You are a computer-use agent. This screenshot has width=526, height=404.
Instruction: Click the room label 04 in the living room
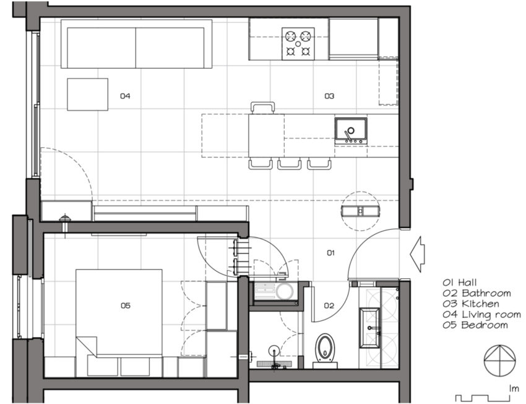click(x=125, y=97)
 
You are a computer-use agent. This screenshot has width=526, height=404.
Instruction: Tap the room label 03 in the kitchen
click(x=329, y=97)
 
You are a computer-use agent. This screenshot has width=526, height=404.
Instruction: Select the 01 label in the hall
click(x=331, y=253)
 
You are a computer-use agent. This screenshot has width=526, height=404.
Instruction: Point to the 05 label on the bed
click(x=126, y=305)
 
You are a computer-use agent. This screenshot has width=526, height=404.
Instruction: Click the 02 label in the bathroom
click(x=329, y=305)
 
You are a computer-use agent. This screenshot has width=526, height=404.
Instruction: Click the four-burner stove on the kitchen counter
click(x=298, y=43)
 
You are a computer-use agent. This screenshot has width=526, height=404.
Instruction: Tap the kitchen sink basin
click(x=351, y=131)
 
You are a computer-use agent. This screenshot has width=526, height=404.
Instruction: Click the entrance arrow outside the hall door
click(x=417, y=254)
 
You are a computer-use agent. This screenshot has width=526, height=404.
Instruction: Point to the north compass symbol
click(x=500, y=361)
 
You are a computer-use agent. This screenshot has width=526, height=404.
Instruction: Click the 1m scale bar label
click(x=514, y=389)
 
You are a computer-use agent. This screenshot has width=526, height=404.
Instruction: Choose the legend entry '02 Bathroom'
click(x=476, y=293)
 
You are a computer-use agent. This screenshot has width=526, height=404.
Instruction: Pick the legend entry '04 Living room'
click(x=481, y=315)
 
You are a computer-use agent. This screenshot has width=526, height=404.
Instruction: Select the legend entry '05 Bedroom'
click(x=475, y=325)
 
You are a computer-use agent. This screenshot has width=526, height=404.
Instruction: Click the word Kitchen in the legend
click(x=480, y=304)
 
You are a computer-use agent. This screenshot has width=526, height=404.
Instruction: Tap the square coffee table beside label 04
click(x=87, y=94)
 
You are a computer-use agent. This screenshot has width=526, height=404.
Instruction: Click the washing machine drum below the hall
click(x=285, y=291)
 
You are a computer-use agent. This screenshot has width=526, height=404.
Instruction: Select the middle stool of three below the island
click(x=289, y=164)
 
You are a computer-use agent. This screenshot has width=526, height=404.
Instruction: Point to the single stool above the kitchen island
click(x=262, y=107)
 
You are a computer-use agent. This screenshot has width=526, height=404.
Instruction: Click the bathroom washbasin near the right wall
click(x=369, y=327)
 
